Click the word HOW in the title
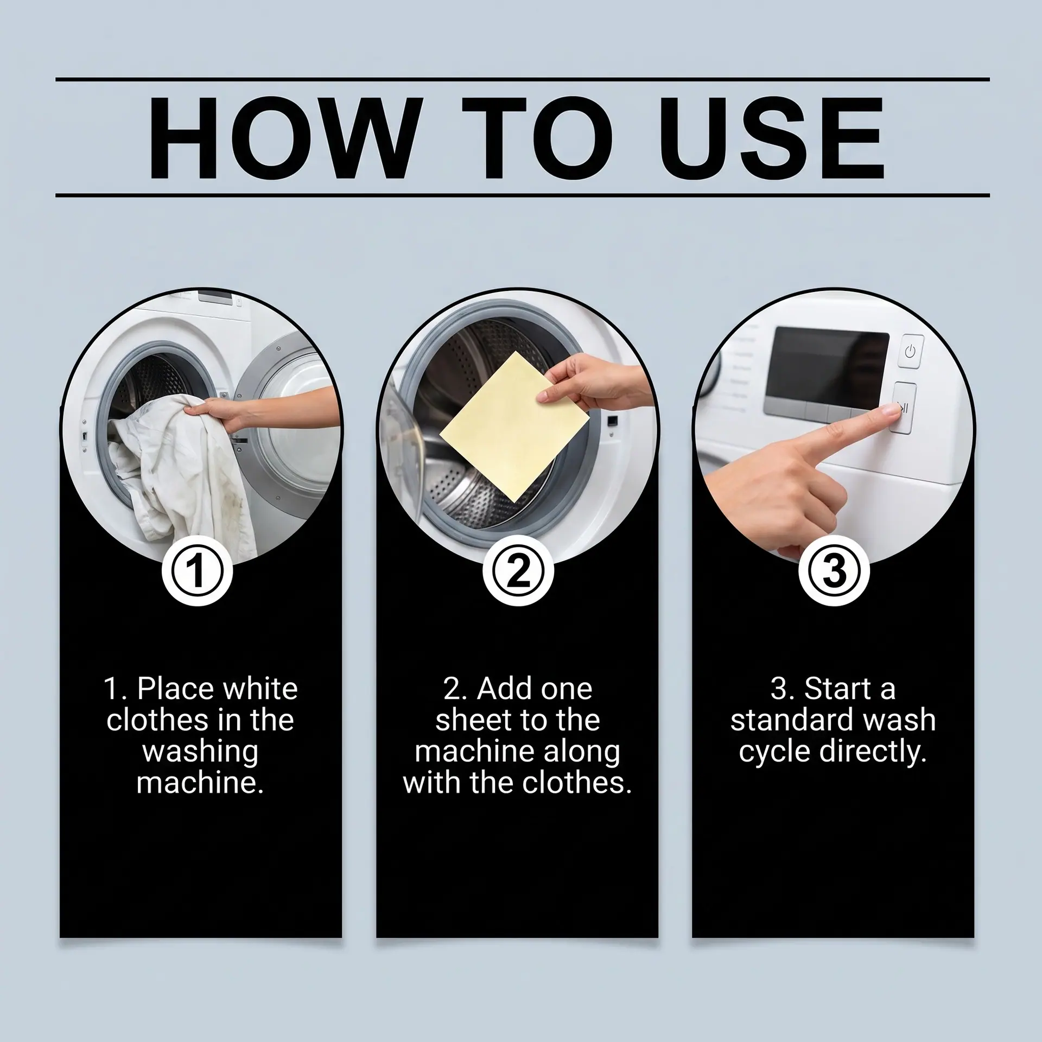pos(284,138)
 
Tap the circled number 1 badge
pos(198,571)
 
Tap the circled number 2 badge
pos(518,571)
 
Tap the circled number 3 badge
pos(834,571)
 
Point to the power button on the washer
pos(910,351)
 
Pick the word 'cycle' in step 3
pos(774,753)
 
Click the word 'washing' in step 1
pos(200,753)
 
